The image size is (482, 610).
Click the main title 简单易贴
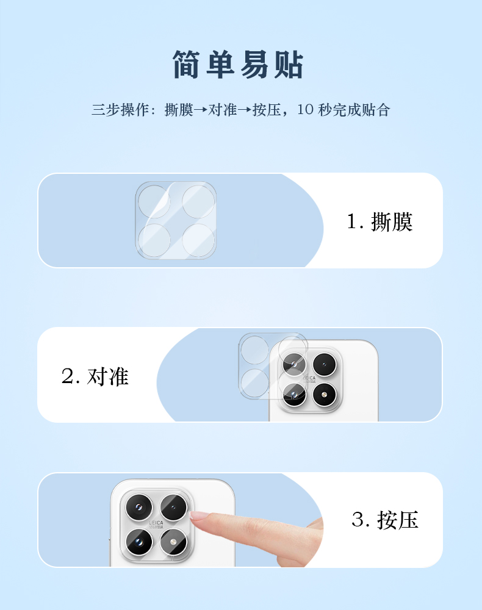(x=238, y=65)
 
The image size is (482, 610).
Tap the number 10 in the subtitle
(x=305, y=110)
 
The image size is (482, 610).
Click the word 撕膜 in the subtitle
(x=179, y=110)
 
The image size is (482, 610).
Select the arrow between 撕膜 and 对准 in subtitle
(x=201, y=110)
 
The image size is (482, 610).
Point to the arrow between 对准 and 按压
(x=245, y=110)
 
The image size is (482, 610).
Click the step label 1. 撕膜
(x=379, y=222)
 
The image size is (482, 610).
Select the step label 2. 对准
(x=95, y=376)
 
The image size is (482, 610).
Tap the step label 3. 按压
(x=385, y=520)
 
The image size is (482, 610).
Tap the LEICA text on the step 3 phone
(x=156, y=523)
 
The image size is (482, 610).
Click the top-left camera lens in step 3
(x=139, y=507)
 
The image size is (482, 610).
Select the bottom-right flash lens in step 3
(x=173, y=542)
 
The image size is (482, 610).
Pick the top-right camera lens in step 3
(x=173, y=508)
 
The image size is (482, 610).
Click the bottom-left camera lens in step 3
(x=139, y=542)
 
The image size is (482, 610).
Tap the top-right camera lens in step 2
(x=324, y=365)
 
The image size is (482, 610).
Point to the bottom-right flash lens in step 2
(x=324, y=395)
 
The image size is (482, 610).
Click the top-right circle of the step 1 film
(x=198, y=201)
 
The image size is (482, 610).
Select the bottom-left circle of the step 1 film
(x=154, y=240)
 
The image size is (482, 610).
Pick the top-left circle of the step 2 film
(x=254, y=350)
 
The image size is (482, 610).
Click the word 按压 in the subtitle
(x=267, y=110)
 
